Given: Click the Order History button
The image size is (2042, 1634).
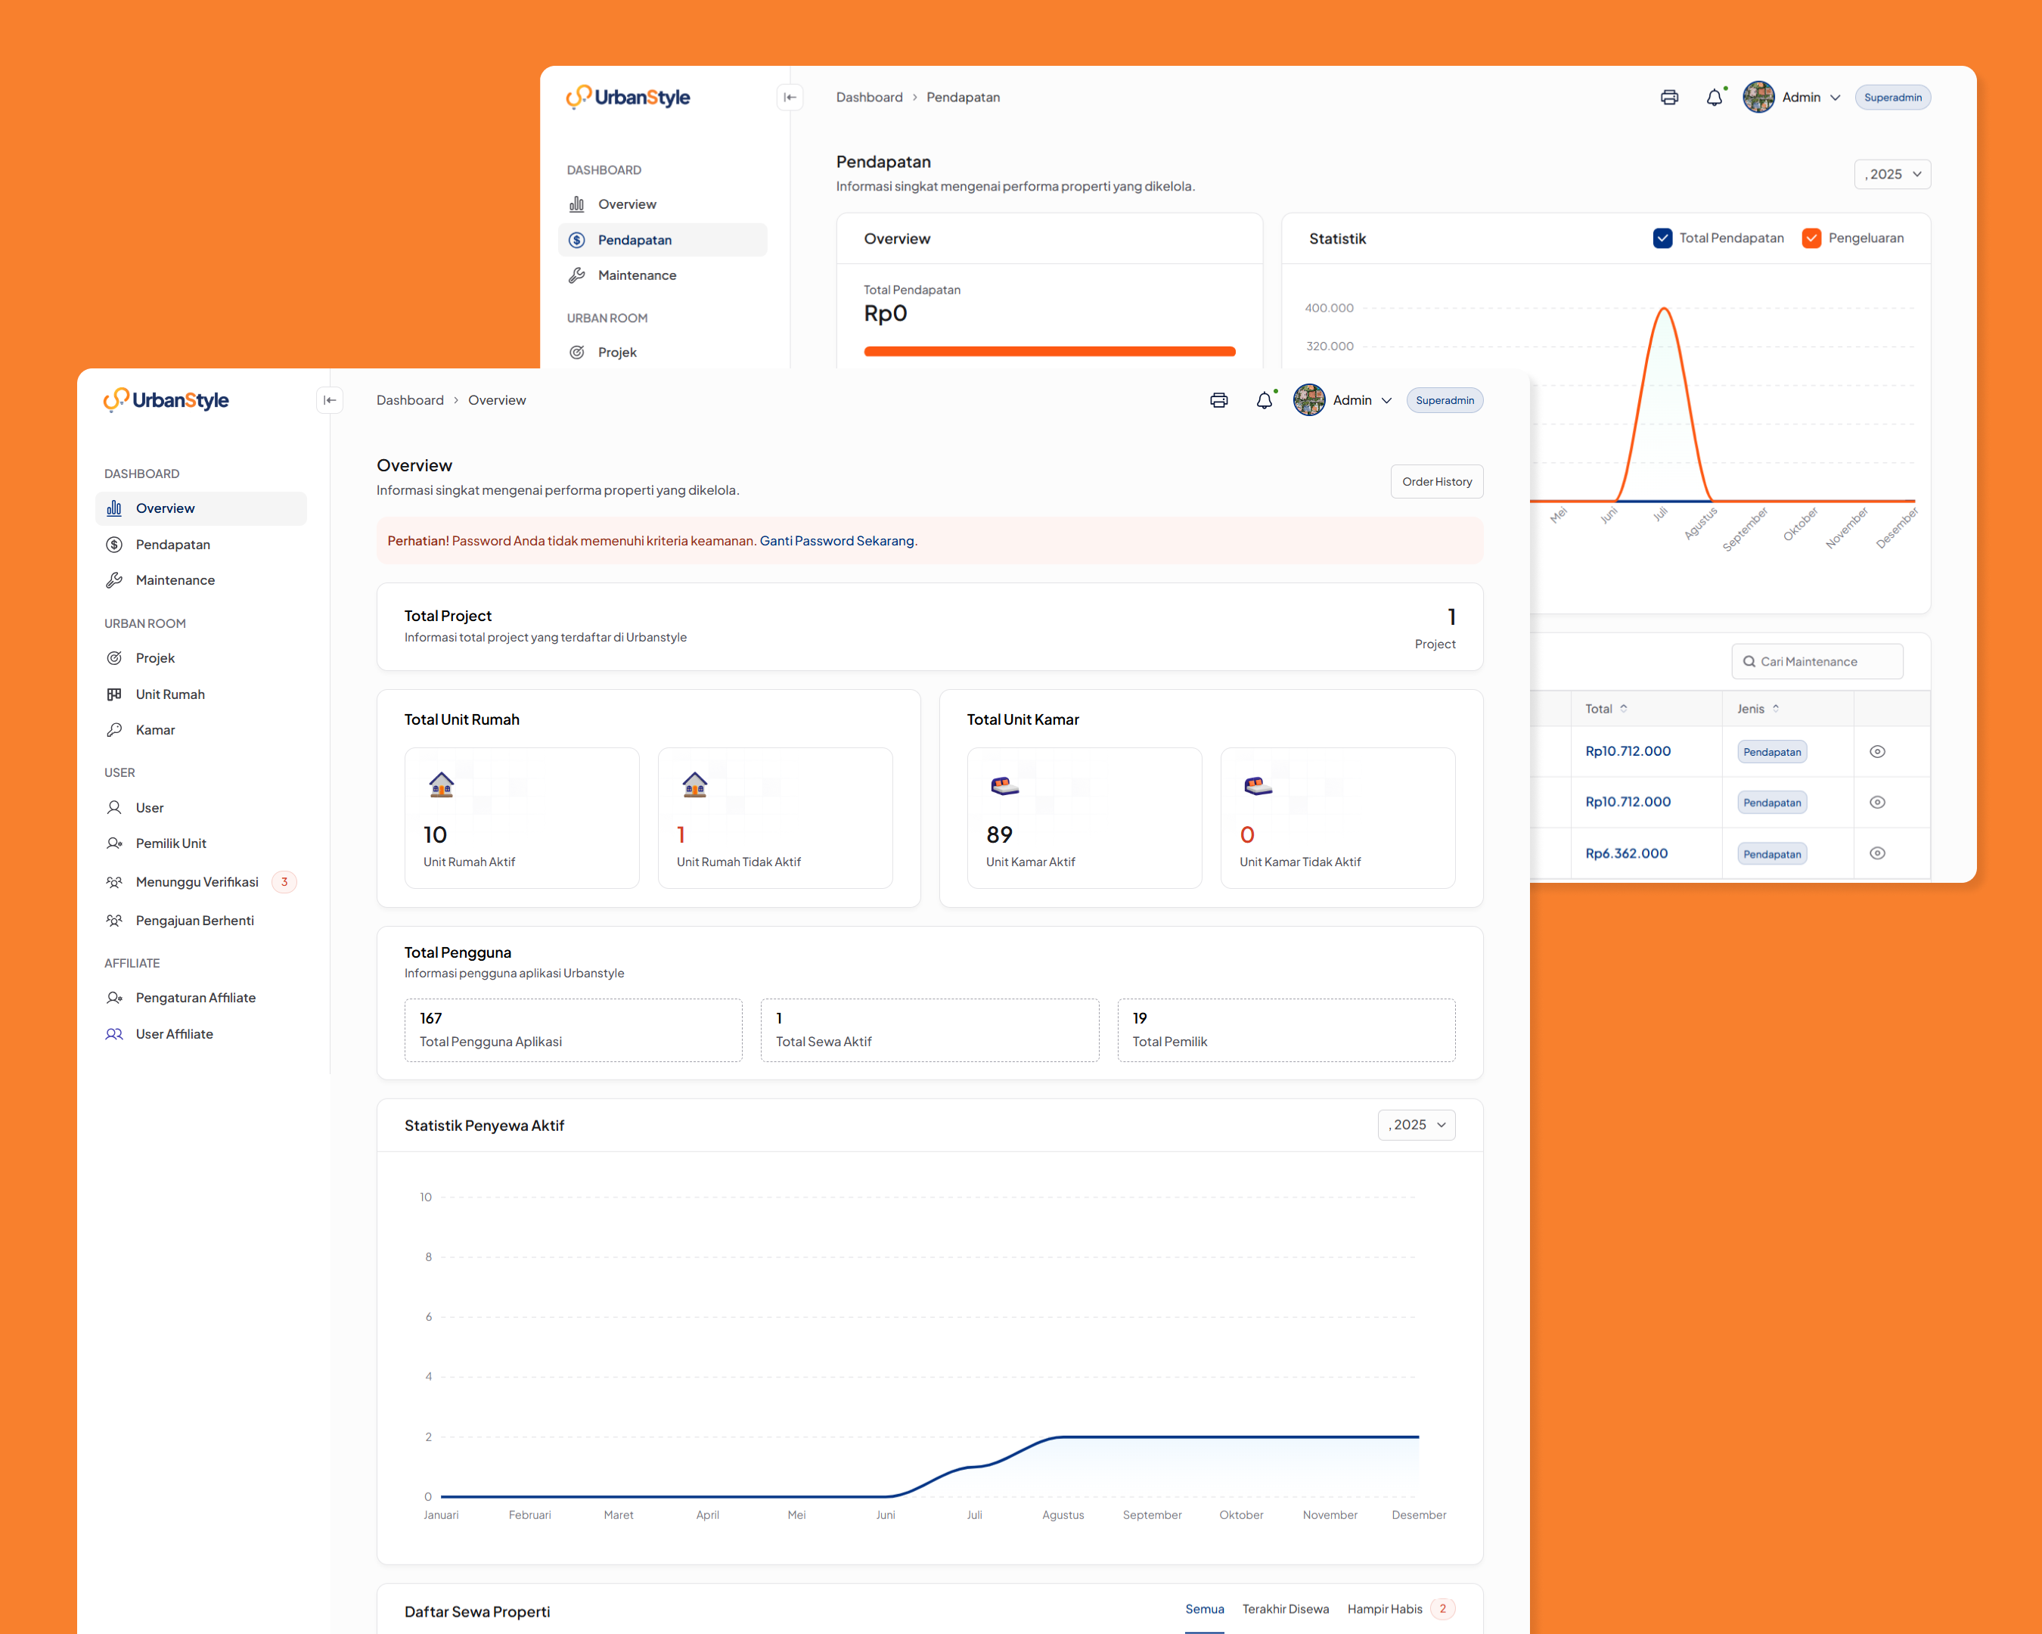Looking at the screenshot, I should (x=1436, y=481).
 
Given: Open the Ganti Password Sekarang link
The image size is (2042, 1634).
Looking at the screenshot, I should (x=837, y=541).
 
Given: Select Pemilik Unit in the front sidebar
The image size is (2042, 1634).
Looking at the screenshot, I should (x=170, y=843).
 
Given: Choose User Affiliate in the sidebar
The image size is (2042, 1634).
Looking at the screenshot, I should (x=174, y=1033).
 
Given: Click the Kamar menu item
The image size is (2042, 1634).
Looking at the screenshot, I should (x=155, y=729).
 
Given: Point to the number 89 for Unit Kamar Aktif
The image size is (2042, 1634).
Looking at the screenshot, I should (x=999, y=834).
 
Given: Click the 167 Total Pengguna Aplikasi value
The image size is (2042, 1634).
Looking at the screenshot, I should (x=431, y=1018).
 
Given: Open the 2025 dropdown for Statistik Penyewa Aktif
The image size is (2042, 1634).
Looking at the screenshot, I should (x=1416, y=1124).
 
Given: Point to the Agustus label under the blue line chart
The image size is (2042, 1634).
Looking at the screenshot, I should (x=1063, y=1514).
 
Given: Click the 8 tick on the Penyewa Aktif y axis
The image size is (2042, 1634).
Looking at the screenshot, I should (x=428, y=1257).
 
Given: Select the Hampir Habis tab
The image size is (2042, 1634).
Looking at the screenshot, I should (x=1385, y=1608).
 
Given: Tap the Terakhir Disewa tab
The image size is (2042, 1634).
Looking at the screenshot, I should (x=1285, y=1608).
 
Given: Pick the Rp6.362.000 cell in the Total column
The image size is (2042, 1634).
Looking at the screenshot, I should (x=1626, y=853).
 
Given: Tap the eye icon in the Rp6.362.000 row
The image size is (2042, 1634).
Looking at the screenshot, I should (x=1877, y=853).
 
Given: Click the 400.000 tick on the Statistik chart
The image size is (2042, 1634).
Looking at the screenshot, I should (x=1329, y=308).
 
